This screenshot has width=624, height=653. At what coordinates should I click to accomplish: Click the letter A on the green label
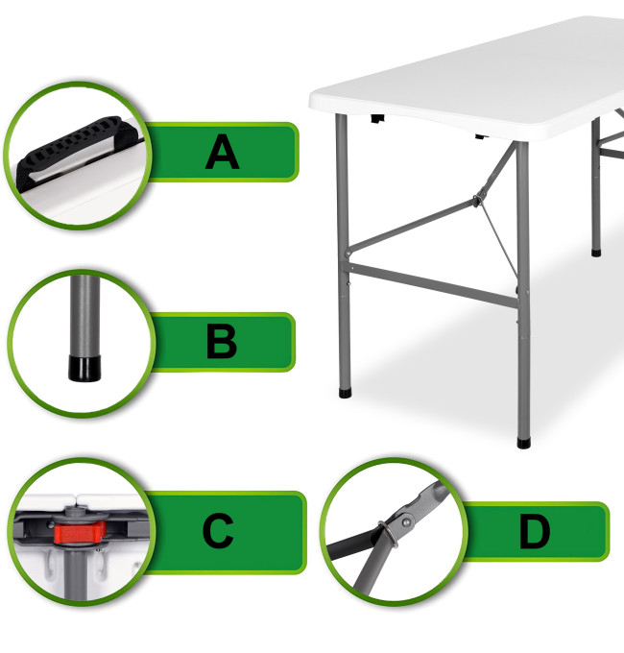pyautogui.click(x=223, y=152)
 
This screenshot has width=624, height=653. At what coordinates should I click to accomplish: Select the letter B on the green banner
pyautogui.click(x=222, y=342)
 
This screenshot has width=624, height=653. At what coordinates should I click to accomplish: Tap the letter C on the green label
pyautogui.click(x=218, y=531)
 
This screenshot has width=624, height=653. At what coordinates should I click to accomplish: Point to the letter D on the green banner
pyautogui.click(x=535, y=531)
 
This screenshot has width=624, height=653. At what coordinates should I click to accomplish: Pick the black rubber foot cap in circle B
pyautogui.click(x=84, y=368)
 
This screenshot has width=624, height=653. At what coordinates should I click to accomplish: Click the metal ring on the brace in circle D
pyautogui.click(x=388, y=534)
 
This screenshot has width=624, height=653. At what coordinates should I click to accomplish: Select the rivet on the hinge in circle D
pyautogui.click(x=406, y=521)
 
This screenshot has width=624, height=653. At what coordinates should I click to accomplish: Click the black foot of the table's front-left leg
pyautogui.click(x=345, y=393)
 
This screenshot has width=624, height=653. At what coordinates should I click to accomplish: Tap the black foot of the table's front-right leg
pyautogui.click(x=523, y=443)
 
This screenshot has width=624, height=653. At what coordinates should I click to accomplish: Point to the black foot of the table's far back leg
pyautogui.click(x=596, y=253)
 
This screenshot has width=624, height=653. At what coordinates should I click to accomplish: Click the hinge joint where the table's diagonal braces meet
pyautogui.click(x=478, y=199)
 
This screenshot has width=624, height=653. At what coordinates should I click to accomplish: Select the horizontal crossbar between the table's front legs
pyautogui.click(x=433, y=285)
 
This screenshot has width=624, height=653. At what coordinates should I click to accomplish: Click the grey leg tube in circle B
pyautogui.click(x=84, y=316)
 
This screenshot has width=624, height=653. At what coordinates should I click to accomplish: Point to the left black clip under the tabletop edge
pyautogui.click(x=377, y=119)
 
